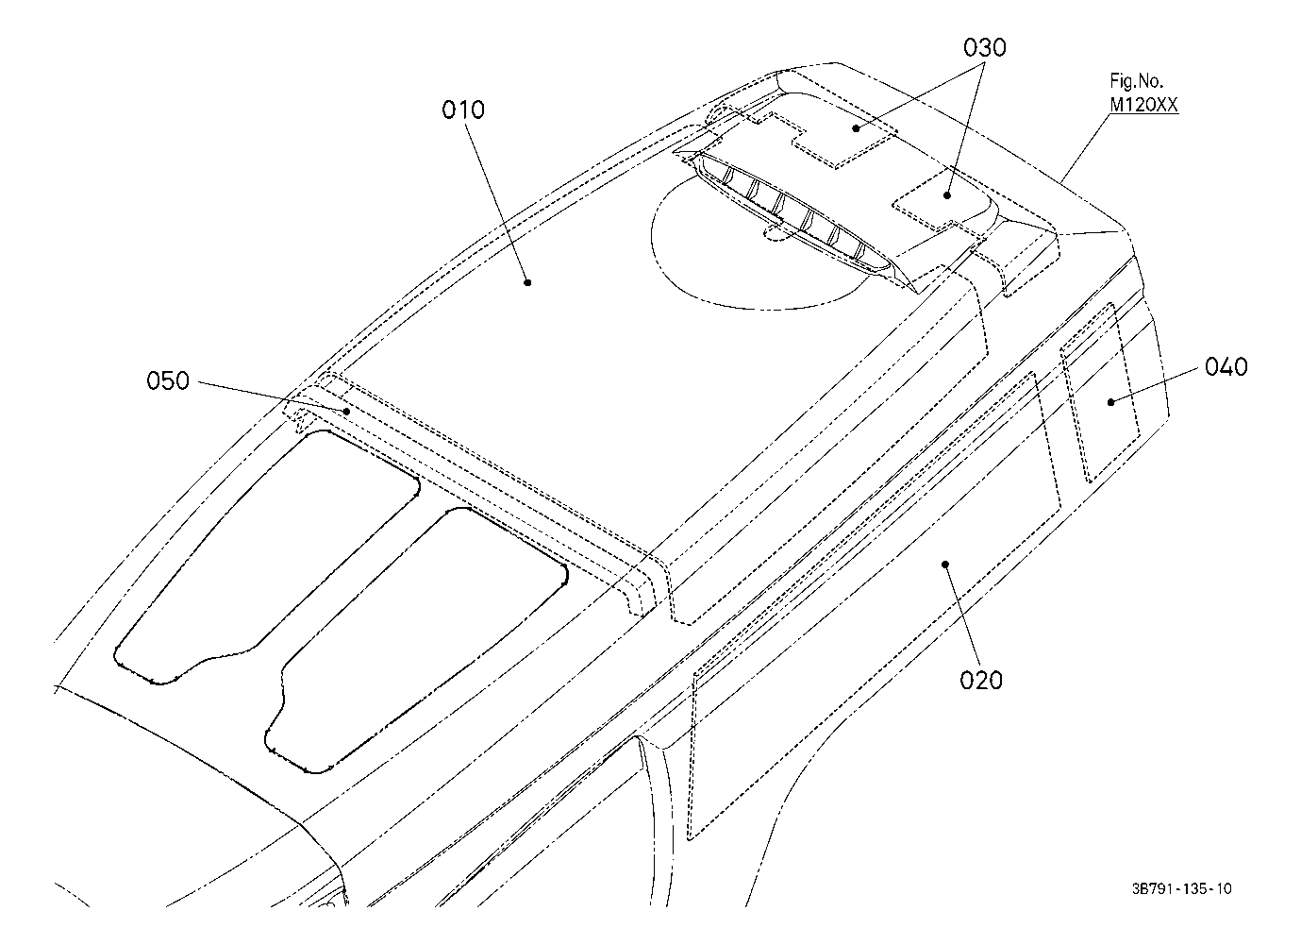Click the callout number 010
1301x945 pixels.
[462, 110]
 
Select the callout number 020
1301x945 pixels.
[981, 679]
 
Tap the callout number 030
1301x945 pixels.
[984, 47]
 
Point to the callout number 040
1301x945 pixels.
[1226, 366]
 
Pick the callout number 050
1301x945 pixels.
[168, 381]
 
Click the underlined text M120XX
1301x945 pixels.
[1143, 106]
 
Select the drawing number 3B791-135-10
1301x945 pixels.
[1182, 888]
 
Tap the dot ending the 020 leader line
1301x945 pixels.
[945, 564]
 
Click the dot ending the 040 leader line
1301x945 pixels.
[1111, 402]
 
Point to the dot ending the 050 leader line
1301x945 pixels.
[347, 412]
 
